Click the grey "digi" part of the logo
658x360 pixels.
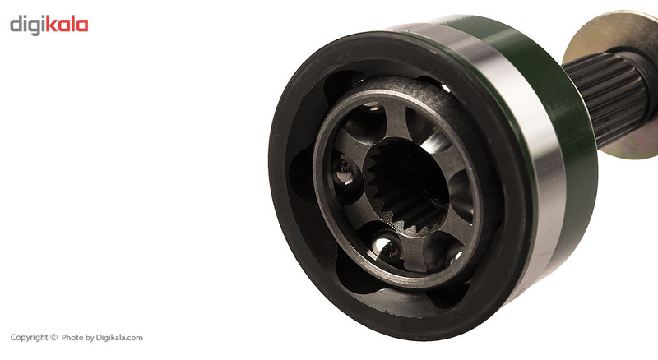click(x=27, y=25)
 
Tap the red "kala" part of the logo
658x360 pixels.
click(x=67, y=24)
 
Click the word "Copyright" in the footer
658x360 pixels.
click(x=30, y=338)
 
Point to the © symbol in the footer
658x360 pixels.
click(x=53, y=337)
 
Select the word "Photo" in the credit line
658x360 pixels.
click(x=72, y=337)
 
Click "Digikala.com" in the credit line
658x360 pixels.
click(x=119, y=338)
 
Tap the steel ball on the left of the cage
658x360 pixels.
click(x=344, y=171)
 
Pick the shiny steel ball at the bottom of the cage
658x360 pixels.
click(x=387, y=247)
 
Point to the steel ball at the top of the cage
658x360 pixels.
click(x=372, y=107)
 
